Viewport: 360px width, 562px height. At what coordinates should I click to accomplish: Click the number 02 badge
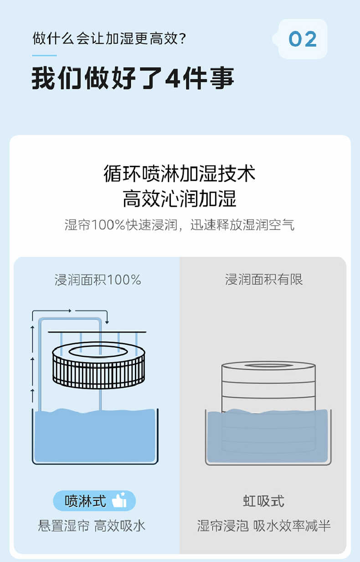pos(303,39)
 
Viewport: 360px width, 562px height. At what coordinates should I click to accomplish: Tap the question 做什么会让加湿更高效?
pos(109,38)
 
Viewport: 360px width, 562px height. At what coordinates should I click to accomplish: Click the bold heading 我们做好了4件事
pos(133,78)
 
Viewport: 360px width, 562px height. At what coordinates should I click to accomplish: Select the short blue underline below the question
pos(44,56)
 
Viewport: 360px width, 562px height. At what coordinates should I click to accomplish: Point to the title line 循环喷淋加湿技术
pos(180,174)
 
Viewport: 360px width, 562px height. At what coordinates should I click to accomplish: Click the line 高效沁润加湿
pos(180,199)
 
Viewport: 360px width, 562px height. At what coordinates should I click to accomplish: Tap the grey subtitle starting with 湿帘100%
pos(180,225)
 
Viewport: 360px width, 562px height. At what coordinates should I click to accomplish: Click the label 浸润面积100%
pos(98,280)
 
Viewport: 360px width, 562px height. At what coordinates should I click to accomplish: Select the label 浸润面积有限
pos(264,279)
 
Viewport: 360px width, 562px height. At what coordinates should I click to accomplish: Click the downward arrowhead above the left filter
pos(107,322)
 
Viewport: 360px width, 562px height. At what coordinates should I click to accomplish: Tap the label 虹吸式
pos(264,501)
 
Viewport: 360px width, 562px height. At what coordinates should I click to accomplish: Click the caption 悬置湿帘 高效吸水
pos(92,526)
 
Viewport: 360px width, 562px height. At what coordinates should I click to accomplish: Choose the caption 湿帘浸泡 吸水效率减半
pos(264,526)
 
